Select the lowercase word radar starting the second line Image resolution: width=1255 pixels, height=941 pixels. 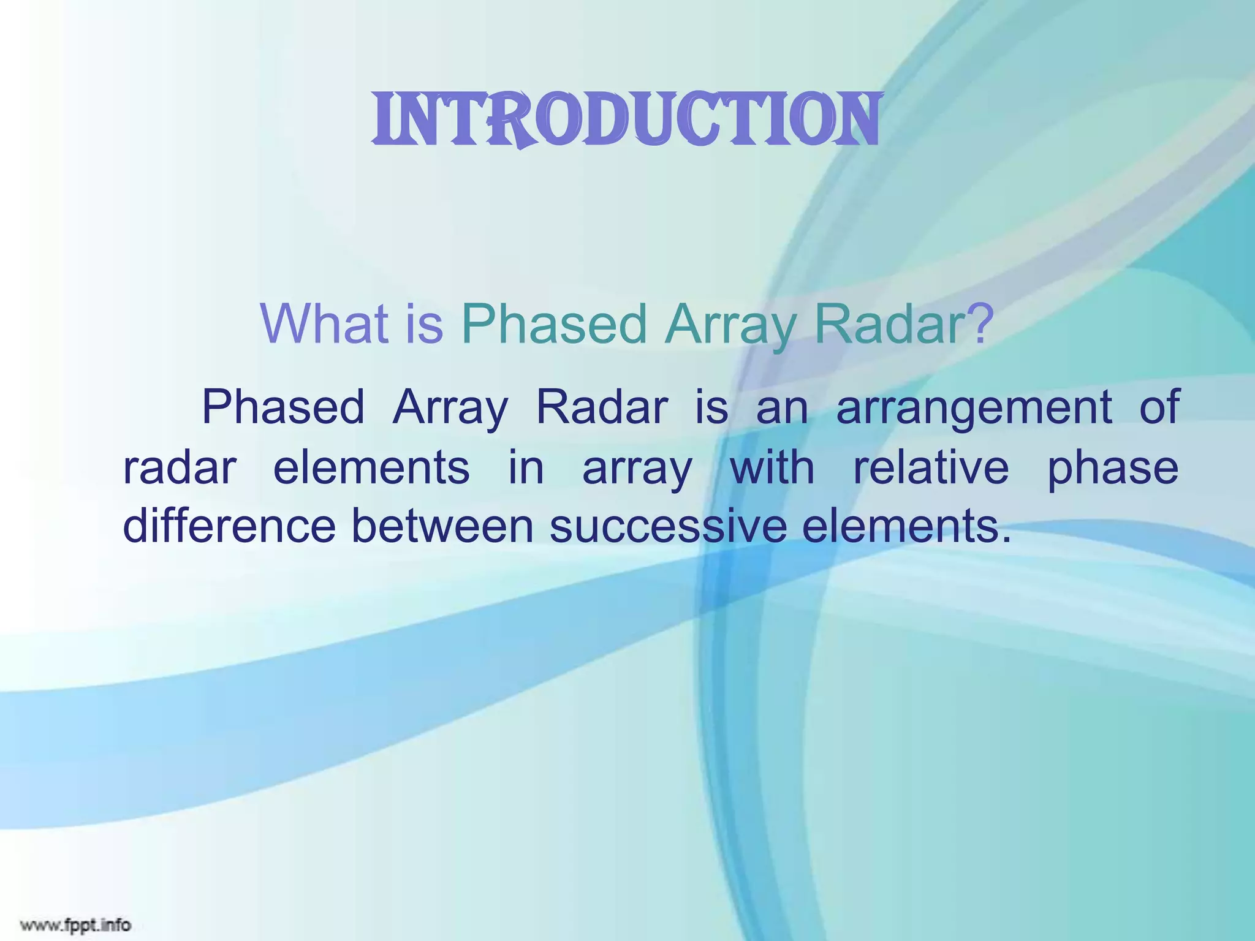point(180,468)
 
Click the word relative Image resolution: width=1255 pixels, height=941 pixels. point(931,468)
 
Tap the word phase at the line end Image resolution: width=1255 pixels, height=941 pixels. point(1113,469)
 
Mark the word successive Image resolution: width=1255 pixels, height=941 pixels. point(668,527)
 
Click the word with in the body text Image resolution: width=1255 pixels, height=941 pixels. point(772,468)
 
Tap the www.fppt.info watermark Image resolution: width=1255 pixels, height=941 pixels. point(76,907)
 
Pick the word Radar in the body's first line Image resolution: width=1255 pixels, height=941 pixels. point(602,407)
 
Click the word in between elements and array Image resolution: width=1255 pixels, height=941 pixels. point(526,468)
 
